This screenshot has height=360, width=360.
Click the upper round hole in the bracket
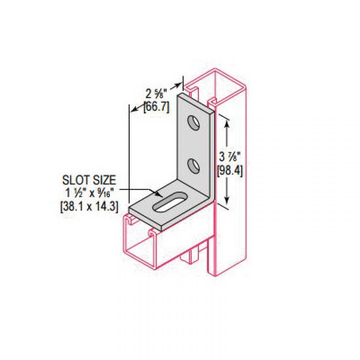pos(194,123)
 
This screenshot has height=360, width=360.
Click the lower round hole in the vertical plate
pos(194,165)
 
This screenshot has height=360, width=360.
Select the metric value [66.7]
pos(156,107)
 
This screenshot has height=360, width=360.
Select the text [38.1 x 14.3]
pos(89,206)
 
